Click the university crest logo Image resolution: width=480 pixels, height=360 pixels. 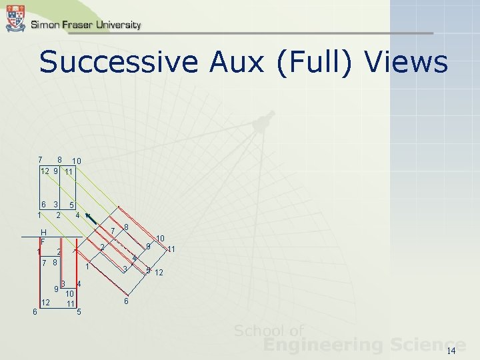pyautogui.click(x=15, y=17)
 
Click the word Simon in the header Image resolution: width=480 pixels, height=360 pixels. pyautogui.click(x=45, y=25)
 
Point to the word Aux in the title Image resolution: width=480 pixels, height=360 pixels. pyautogui.click(x=234, y=63)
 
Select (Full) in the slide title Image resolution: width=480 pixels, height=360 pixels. pyautogui.click(x=315, y=64)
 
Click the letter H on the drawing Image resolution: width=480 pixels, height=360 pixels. pyautogui.click(x=43, y=232)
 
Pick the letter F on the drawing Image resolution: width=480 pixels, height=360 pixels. pyautogui.click(x=42, y=240)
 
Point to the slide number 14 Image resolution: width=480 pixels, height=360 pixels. pyautogui.click(x=451, y=351)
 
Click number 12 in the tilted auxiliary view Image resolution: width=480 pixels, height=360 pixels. pyautogui.click(x=159, y=272)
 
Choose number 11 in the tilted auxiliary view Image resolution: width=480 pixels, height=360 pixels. pyautogui.click(x=171, y=249)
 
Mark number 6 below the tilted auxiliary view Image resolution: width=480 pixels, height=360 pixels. pyautogui.click(x=127, y=301)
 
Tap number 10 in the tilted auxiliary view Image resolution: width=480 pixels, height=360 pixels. pyautogui.click(x=160, y=238)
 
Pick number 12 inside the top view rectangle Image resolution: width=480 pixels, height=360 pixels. pyautogui.click(x=45, y=171)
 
